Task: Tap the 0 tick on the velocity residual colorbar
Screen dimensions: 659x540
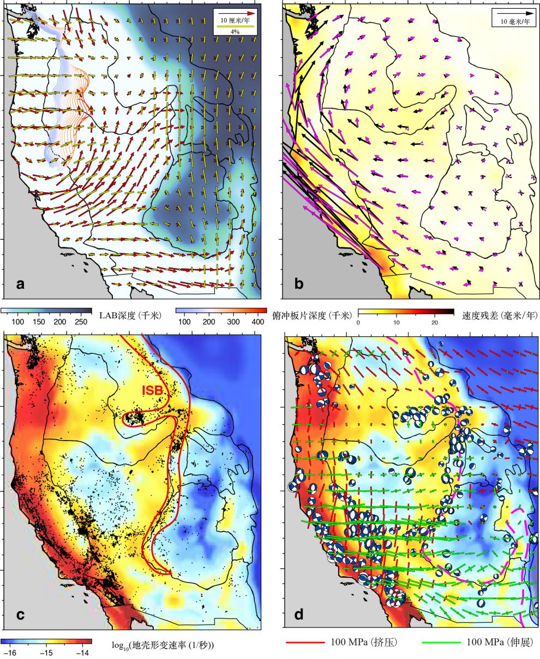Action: pos(358,322)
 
